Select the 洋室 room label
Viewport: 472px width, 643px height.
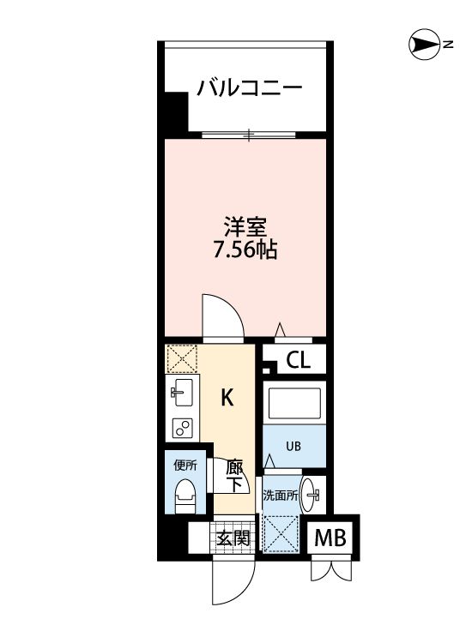click(246, 228)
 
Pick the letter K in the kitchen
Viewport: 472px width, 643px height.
click(227, 397)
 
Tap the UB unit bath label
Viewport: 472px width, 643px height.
click(293, 446)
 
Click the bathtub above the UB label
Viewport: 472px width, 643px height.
click(293, 404)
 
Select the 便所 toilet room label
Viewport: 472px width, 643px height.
click(185, 466)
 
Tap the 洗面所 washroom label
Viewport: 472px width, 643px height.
click(280, 495)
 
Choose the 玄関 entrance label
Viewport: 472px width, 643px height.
click(233, 538)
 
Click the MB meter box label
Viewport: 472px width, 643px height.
click(331, 538)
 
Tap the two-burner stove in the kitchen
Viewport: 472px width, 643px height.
click(182, 426)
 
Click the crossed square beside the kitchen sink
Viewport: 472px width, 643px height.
click(181, 358)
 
